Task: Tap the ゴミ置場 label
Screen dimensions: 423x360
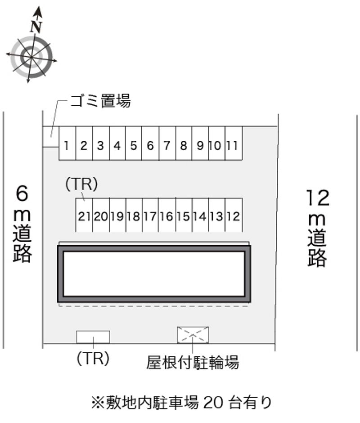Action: tap(100, 101)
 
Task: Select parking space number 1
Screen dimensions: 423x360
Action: tap(67, 145)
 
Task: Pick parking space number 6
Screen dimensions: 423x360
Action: tap(150, 145)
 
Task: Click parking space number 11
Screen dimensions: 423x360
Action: tap(233, 145)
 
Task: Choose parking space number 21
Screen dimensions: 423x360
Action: tap(84, 216)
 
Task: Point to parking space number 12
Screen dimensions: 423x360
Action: tap(233, 216)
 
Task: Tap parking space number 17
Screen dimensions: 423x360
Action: tap(150, 216)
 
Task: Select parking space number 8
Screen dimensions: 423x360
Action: tap(184, 145)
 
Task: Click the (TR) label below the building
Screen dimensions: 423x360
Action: tap(92, 359)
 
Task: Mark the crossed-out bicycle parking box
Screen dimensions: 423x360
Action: tap(193, 335)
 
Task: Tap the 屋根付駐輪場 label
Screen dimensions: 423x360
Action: tap(193, 362)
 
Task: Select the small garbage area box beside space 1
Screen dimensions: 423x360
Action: tap(50, 137)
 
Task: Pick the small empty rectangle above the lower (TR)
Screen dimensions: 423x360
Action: tap(93, 337)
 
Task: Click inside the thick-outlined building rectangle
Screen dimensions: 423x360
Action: tap(154, 273)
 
